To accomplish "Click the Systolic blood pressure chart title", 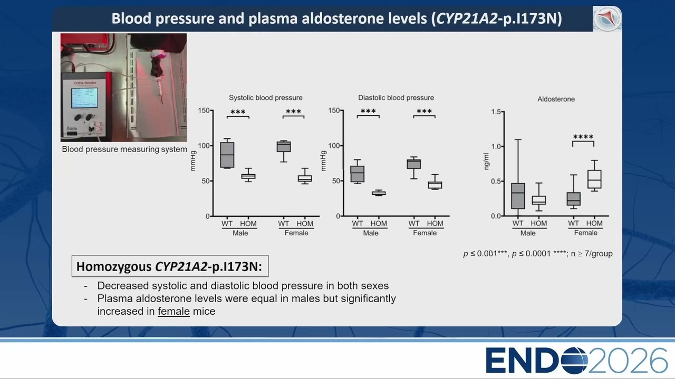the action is point(265,98).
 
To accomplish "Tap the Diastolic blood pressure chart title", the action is point(396,98).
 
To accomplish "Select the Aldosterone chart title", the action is point(556,99).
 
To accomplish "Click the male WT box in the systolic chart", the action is point(227,155).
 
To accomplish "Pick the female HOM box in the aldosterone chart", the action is point(594,179).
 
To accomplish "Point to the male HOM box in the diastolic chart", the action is point(379,193).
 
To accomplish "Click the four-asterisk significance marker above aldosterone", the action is point(583,137).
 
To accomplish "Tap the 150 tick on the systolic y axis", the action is point(204,111).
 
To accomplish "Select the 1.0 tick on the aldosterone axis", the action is point(496,146).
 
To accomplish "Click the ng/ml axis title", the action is point(486,162).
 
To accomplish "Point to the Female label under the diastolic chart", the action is point(425,233).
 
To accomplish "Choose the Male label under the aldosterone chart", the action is point(528,233).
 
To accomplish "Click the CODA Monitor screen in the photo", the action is point(84,98).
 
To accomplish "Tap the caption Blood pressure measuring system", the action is point(124,149).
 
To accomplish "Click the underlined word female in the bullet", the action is point(173,311).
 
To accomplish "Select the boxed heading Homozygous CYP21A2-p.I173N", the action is point(170,266).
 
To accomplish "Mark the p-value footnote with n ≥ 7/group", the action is point(538,254).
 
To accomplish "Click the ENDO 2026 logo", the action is point(576,361).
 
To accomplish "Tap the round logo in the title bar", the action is point(607,18).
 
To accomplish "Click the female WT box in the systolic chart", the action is point(284,146).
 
